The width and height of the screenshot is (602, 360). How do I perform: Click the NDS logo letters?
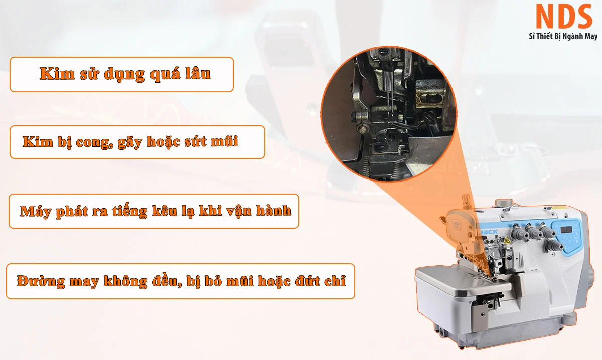pos(564,16)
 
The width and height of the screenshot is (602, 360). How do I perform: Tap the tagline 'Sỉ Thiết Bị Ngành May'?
pos(563,36)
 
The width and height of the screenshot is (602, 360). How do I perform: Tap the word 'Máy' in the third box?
pos(36,211)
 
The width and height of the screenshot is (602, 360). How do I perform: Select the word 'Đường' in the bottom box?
pos(41,282)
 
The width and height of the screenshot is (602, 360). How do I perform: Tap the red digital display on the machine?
pos(566,230)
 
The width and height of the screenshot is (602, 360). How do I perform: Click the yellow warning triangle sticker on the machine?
pos(507,240)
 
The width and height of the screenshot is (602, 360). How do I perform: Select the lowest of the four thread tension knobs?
pos(554,245)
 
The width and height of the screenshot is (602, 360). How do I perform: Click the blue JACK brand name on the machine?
pos(490,231)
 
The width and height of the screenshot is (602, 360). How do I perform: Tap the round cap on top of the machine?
pos(505,202)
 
